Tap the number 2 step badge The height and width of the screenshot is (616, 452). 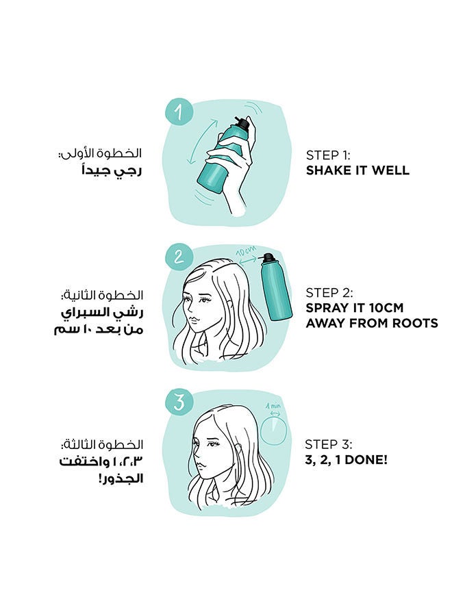(179, 257)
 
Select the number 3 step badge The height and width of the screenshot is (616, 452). (179, 402)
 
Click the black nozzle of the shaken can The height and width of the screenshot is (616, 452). (242, 123)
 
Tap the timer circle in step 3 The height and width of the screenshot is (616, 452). (274, 431)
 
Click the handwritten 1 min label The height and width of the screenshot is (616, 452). (273, 405)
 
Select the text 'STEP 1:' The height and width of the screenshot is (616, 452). (328, 155)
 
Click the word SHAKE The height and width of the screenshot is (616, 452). (325, 170)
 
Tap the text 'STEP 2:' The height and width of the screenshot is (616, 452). (329, 293)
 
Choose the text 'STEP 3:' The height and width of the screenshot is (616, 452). (329, 444)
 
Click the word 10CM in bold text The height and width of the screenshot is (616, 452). (387, 308)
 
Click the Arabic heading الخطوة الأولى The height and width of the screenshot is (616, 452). (101, 153)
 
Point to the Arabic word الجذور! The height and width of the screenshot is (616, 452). (121, 478)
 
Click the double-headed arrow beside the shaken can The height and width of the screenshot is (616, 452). (202, 142)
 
